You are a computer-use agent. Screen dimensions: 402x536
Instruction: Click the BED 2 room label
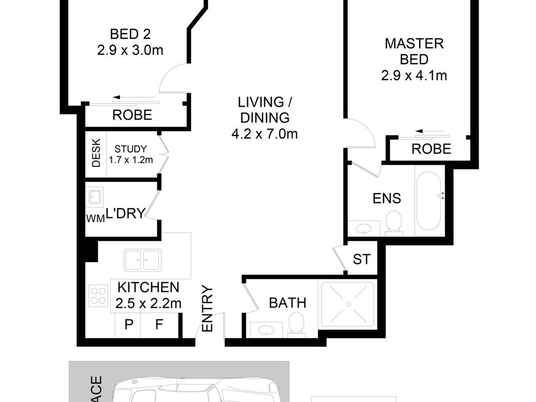(x=130, y=34)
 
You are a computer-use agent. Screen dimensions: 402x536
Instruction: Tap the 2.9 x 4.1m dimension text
(x=414, y=76)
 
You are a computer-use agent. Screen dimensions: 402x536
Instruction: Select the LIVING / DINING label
(x=265, y=110)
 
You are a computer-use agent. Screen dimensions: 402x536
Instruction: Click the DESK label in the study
(x=96, y=153)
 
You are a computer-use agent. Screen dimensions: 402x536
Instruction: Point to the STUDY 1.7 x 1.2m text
(x=131, y=154)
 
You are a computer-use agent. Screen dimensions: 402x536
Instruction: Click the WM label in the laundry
(x=95, y=219)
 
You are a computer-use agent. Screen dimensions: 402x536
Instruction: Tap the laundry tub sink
(x=94, y=196)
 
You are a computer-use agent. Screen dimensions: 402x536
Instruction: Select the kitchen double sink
(x=143, y=260)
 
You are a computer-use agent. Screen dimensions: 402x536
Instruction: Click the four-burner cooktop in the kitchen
(x=98, y=296)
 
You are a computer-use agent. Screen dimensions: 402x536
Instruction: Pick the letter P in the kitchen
(x=129, y=325)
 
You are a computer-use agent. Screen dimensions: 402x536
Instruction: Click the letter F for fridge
(x=159, y=325)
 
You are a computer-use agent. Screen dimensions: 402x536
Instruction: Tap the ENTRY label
(x=207, y=309)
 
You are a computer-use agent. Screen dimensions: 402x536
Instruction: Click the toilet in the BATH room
(x=296, y=324)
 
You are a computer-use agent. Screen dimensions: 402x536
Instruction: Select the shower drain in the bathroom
(x=348, y=304)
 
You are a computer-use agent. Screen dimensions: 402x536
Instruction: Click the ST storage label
(x=361, y=259)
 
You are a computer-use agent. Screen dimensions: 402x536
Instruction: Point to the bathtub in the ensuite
(x=428, y=201)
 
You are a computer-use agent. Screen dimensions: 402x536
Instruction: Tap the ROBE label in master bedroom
(x=431, y=149)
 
